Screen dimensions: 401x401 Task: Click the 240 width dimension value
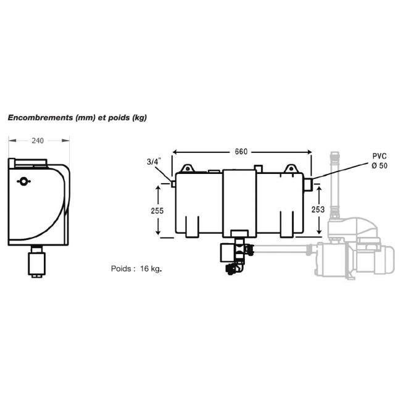tap(38, 141)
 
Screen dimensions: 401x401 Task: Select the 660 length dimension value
tap(241, 152)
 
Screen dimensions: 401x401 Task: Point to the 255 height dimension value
tap(157, 211)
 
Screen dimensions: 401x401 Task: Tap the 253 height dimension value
tap(318, 210)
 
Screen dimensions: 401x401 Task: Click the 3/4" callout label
tap(154, 162)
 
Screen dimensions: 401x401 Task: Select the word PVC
tap(379, 156)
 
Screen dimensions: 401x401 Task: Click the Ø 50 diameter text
tap(379, 166)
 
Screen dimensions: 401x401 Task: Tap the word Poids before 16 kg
tap(121, 269)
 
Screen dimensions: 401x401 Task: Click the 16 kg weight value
tap(151, 269)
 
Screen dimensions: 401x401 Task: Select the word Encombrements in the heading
tap(40, 118)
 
